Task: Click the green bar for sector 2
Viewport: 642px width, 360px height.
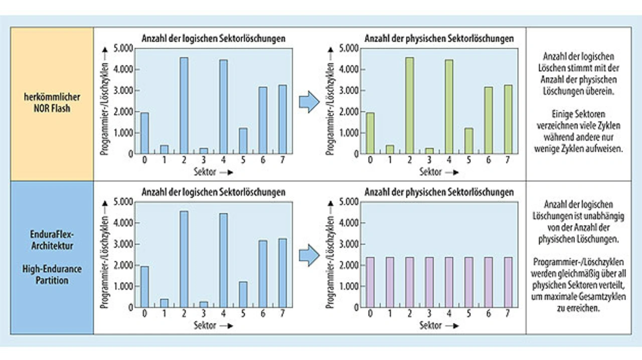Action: pyautogui.click(x=409, y=105)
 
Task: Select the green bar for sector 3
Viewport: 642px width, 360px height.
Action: pyautogui.click(x=429, y=150)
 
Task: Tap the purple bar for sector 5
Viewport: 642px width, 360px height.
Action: pyautogui.click(x=468, y=282)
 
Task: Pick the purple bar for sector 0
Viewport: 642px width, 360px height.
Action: pyautogui.click(x=370, y=282)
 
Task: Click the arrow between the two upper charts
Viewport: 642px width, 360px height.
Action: pyautogui.click(x=309, y=102)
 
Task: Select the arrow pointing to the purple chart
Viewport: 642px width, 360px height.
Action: pyautogui.click(x=309, y=255)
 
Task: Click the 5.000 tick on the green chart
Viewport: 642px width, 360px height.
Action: pyautogui.click(x=348, y=48)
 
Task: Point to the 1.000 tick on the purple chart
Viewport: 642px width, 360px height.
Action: pyautogui.click(x=348, y=286)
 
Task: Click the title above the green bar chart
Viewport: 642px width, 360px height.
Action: pyautogui.click(x=439, y=38)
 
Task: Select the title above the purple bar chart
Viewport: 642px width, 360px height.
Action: pyautogui.click(x=439, y=192)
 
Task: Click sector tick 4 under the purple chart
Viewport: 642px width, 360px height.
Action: pyautogui.click(x=448, y=314)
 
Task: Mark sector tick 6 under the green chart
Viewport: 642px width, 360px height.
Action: pyautogui.click(x=488, y=160)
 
